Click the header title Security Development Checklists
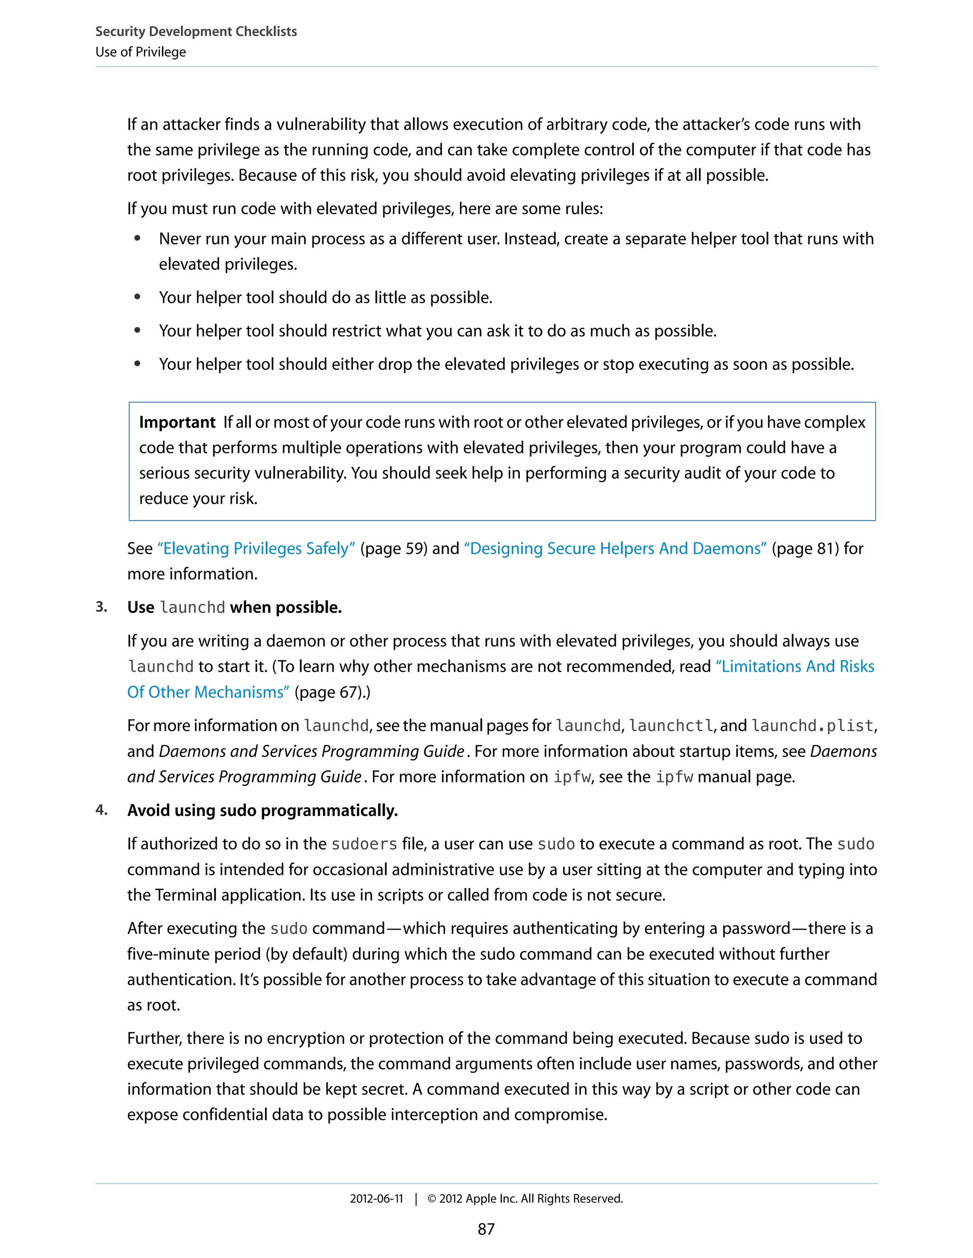(x=196, y=32)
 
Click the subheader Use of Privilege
(x=141, y=52)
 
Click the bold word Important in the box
(x=177, y=422)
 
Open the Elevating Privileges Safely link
(x=256, y=548)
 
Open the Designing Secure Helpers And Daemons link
(x=615, y=548)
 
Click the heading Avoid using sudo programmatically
(x=262, y=810)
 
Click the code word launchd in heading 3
(x=192, y=608)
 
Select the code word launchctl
(x=671, y=726)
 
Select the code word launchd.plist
(x=813, y=726)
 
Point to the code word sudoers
(x=364, y=845)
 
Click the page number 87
(x=486, y=1229)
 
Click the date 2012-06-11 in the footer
(x=376, y=1199)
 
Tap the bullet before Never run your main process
(x=137, y=238)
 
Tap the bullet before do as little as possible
(x=137, y=297)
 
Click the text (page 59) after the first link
(x=394, y=548)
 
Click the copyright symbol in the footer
(x=432, y=1199)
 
